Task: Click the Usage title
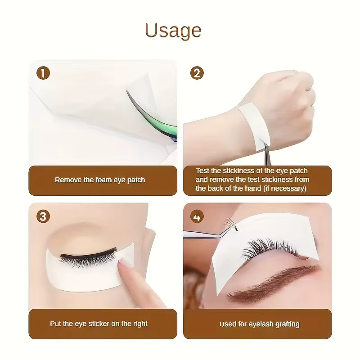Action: [173, 31]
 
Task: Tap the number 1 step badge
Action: [43, 73]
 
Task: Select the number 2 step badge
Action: [197, 73]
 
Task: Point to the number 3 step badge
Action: [43, 216]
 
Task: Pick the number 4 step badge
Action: [197, 217]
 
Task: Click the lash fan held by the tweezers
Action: [230, 223]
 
